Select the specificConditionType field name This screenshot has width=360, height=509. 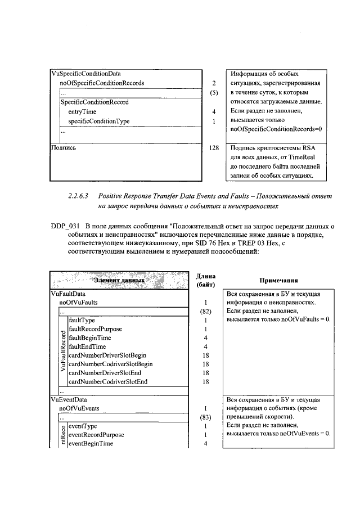click(x=98, y=121)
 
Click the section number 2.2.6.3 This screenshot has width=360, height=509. click(x=78, y=196)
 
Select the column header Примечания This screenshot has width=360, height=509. click(x=278, y=280)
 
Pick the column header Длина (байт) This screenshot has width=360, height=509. click(x=206, y=280)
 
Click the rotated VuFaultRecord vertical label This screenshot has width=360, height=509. click(x=63, y=352)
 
